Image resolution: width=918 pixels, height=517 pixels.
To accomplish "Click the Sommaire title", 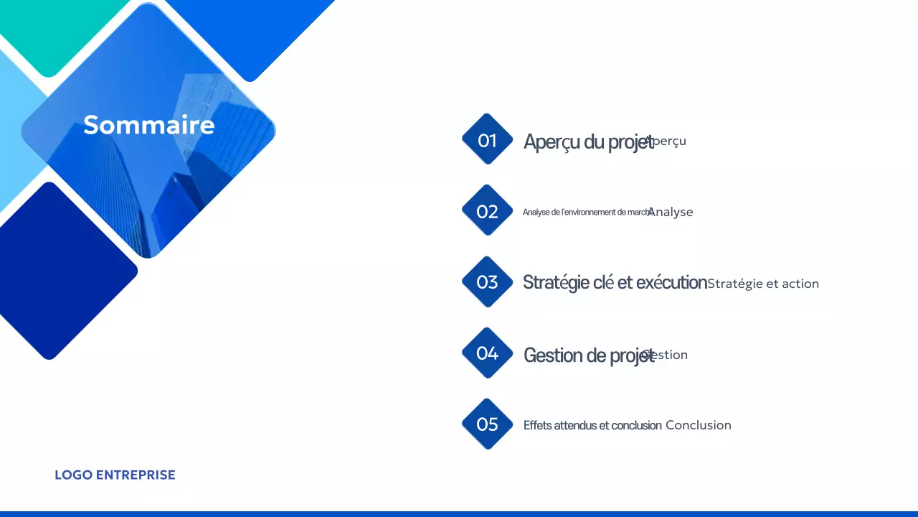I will click(148, 125).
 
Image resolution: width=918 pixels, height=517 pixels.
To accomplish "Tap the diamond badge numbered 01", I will click(487, 140).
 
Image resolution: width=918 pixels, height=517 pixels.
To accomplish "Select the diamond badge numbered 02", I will click(487, 211).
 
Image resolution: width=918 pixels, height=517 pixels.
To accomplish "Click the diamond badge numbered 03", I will click(487, 282).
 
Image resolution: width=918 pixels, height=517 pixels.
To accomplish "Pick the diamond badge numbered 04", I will click(487, 353).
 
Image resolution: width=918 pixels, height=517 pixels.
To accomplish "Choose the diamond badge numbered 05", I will click(487, 424).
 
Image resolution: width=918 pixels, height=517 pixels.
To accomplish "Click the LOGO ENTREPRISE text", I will click(115, 475).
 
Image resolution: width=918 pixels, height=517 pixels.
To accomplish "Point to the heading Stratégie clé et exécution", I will click(614, 283).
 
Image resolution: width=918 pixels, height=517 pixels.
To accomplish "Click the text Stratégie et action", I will click(763, 284).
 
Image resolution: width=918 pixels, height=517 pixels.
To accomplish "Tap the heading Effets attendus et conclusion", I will click(592, 425).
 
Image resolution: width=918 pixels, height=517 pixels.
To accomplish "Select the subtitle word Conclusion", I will click(698, 425).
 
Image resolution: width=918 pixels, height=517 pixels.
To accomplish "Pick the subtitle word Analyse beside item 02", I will click(671, 212).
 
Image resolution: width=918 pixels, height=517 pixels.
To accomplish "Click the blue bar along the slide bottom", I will click(459, 513).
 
